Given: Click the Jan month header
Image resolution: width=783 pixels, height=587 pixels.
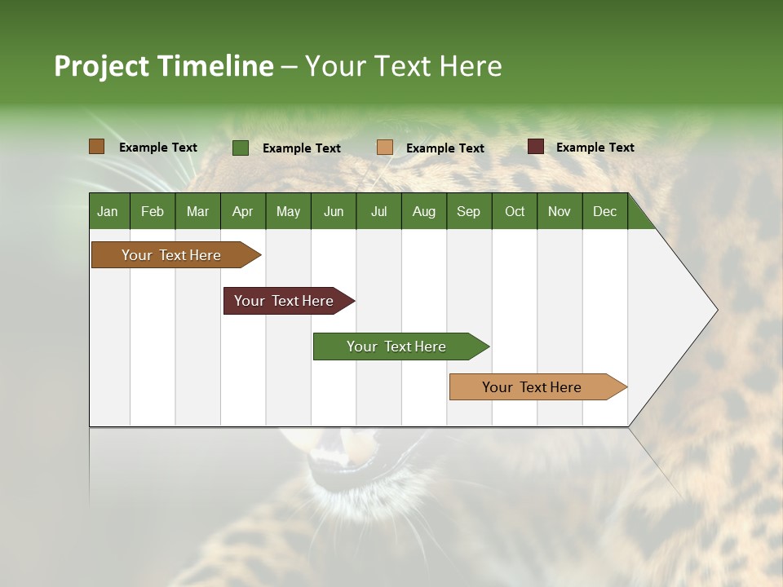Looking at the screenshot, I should (x=108, y=211).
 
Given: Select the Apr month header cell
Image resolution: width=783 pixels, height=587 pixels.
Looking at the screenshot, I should (x=242, y=211).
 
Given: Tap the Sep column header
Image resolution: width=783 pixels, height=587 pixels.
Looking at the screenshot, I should (x=468, y=211).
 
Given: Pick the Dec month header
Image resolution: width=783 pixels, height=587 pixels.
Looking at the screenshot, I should (x=604, y=211).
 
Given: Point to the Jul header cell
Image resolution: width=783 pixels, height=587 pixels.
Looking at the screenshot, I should (x=378, y=211).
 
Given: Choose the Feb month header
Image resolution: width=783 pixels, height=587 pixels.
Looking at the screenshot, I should (x=153, y=211).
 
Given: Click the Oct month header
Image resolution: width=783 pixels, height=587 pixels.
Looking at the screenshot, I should (x=515, y=211).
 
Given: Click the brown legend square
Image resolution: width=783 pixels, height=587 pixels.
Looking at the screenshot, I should (x=97, y=147).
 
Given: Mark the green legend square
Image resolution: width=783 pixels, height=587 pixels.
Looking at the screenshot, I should (x=241, y=148).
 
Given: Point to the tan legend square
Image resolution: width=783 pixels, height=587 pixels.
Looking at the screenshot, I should (x=385, y=148).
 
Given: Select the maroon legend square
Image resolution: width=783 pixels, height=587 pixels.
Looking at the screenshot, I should (x=536, y=147).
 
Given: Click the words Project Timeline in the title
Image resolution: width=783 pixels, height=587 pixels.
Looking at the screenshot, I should (x=164, y=66).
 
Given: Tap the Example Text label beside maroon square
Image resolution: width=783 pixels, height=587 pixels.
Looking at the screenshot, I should (x=595, y=148).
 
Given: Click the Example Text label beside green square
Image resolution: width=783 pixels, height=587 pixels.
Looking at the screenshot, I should (x=301, y=148).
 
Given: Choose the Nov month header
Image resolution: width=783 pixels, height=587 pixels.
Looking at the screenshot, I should (x=560, y=211).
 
